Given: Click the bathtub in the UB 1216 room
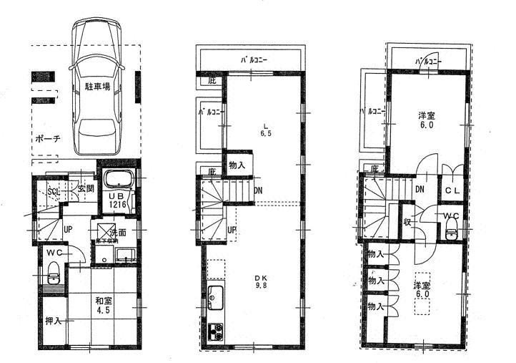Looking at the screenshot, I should pyautogui.click(x=118, y=180).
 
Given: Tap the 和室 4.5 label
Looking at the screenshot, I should pyautogui.click(x=104, y=306).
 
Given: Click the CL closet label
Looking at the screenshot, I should pyautogui.click(x=452, y=190).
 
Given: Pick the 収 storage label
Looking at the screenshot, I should pyautogui.click(x=407, y=221).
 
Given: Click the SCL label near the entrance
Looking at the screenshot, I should pyautogui.click(x=54, y=192).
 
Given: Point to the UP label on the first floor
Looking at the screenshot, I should pyautogui.click(x=66, y=229).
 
